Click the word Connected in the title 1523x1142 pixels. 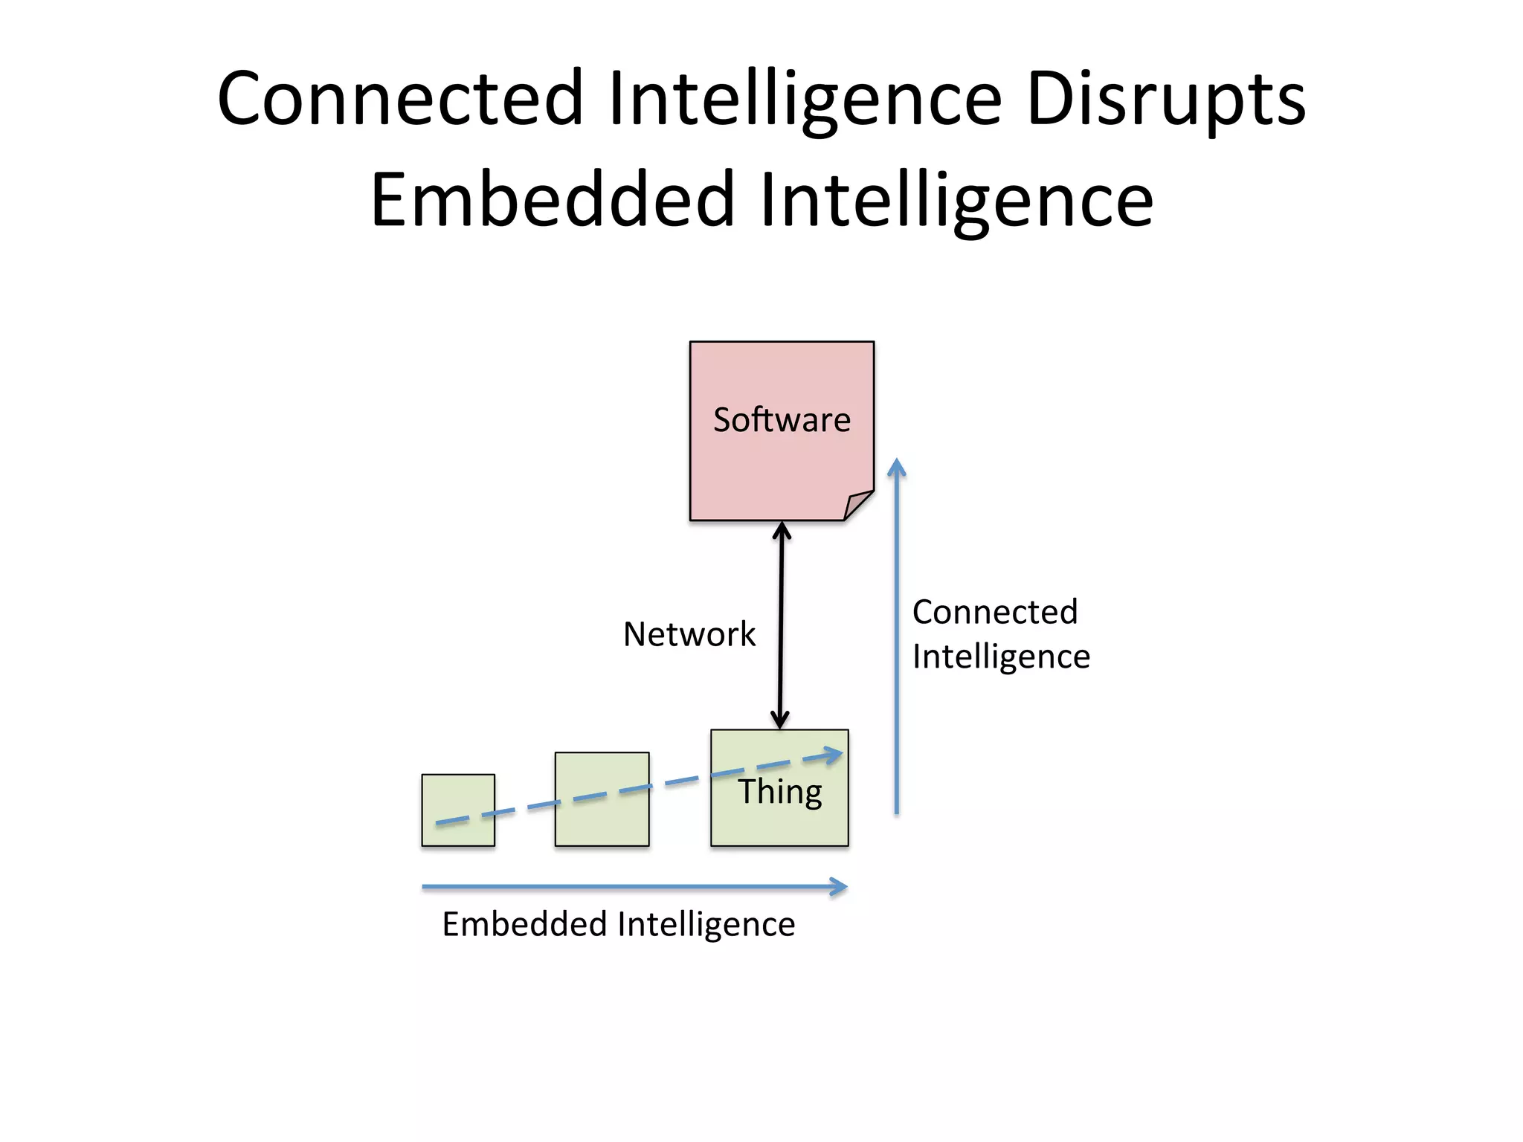pos(400,99)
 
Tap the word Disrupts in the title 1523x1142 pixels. pos(1165,99)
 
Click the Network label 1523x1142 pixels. pos(689,634)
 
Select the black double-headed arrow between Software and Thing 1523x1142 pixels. pos(781,625)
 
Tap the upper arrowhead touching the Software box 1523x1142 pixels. pos(782,529)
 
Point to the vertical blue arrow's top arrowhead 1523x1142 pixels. pos(897,467)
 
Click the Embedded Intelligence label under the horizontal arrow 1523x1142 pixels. pos(618,924)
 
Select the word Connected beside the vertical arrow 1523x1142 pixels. pos(994,612)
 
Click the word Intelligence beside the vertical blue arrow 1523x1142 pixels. pos(1000,657)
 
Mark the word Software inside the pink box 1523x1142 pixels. pos(781,420)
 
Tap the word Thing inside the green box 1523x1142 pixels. pos(779,792)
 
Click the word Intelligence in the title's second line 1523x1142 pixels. pos(956,199)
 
